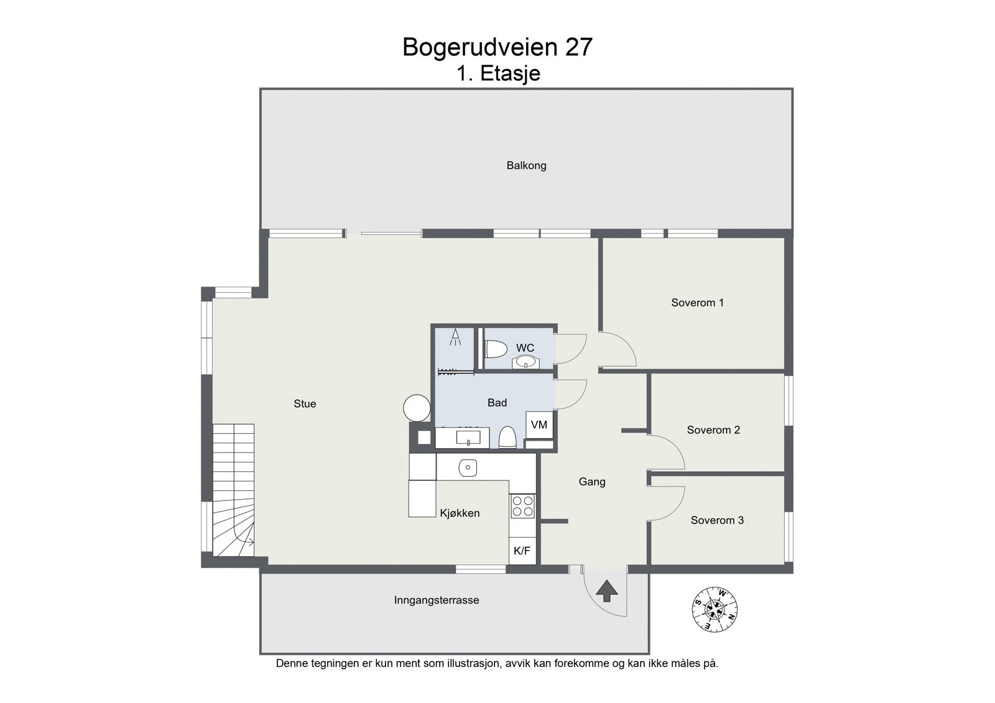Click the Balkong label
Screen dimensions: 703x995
[526, 165]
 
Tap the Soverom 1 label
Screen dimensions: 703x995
[697, 303]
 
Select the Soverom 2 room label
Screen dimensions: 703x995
[713, 430]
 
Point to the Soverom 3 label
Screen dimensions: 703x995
[717, 520]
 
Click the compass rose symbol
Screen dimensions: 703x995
[715, 609]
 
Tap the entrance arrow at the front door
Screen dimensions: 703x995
[607, 591]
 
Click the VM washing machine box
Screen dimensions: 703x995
[539, 425]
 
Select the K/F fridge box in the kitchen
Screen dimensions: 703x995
[522, 551]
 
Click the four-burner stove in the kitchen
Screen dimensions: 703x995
[522, 506]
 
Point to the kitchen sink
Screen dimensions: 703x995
[468, 467]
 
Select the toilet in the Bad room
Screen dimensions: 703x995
[507, 438]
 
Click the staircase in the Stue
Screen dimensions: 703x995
[233, 491]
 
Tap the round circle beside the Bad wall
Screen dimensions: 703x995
[416, 408]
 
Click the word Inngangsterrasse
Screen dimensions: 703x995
[437, 600]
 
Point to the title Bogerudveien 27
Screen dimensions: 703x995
[497, 47]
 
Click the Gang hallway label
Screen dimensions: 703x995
[591, 481]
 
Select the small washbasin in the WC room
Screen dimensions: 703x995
[525, 362]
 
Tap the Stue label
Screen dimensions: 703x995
[305, 403]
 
